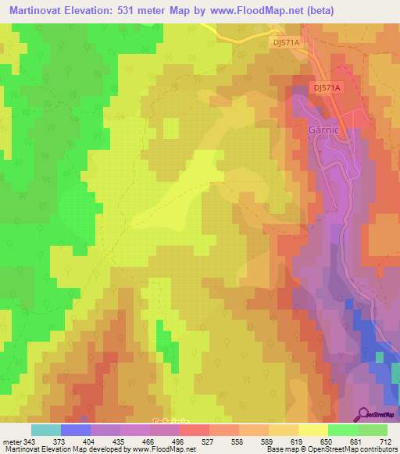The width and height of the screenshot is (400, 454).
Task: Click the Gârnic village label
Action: (x=322, y=131)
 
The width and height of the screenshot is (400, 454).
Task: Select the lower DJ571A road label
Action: (x=328, y=88)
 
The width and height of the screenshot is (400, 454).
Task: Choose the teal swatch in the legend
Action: (x=45, y=430)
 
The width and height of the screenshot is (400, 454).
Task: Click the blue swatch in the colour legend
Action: (x=76, y=430)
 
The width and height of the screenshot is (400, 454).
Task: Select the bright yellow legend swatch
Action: (x=312, y=430)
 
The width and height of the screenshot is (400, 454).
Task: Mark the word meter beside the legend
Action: (x=12, y=442)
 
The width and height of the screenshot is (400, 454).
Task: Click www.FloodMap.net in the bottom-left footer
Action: (x=162, y=449)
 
